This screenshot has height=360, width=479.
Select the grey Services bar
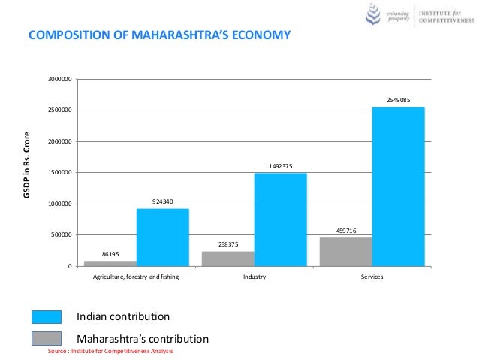click(x=345, y=252)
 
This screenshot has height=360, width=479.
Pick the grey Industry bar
click(x=227, y=259)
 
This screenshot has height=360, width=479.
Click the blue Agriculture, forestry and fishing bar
click(x=162, y=237)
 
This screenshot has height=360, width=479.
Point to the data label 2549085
click(x=398, y=99)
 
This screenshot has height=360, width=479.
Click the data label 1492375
click(x=280, y=166)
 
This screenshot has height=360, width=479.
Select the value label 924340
click(x=162, y=201)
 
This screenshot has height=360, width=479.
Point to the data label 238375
click(x=227, y=244)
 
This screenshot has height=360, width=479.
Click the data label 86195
click(x=110, y=254)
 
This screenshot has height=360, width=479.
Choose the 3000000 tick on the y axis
click(x=60, y=79)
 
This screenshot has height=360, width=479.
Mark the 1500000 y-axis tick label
click(x=60, y=173)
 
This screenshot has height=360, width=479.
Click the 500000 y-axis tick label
click(x=62, y=235)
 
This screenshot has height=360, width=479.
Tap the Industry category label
click(x=254, y=277)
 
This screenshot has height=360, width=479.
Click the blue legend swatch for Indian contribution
click(x=47, y=316)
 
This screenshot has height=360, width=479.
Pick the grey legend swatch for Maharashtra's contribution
click(x=47, y=338)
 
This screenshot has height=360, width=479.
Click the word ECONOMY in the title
click(x=254, y=35)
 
